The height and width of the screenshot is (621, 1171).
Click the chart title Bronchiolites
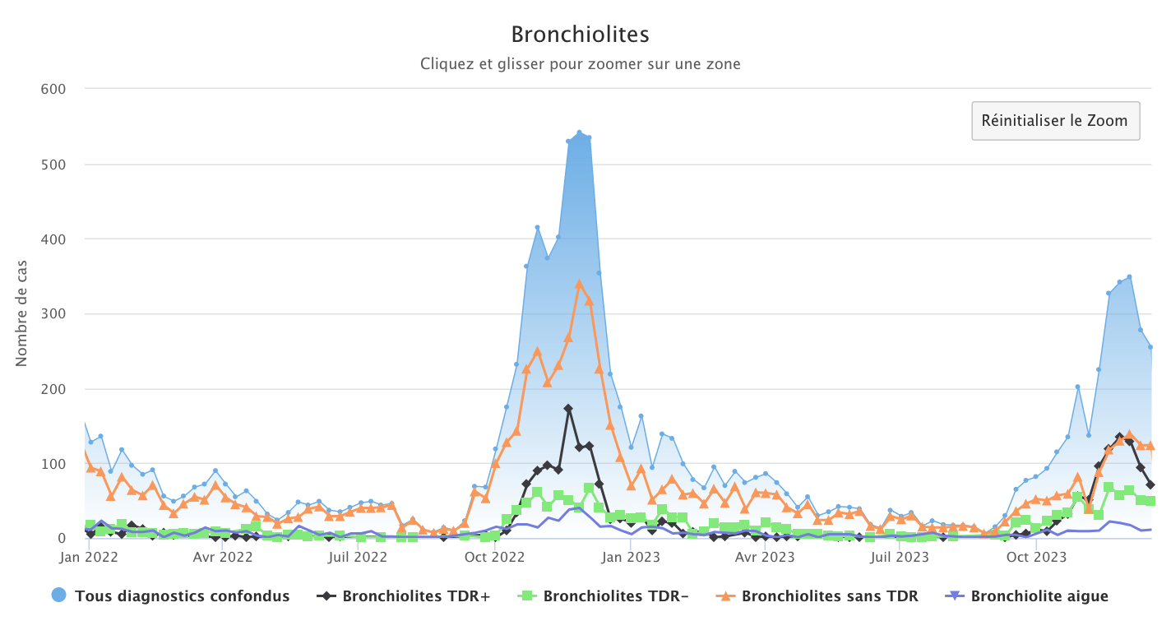click(x=580, y=35)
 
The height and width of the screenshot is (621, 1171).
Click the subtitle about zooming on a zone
click(x=580, y=63)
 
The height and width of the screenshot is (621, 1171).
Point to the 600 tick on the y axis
click(x=53, y=89)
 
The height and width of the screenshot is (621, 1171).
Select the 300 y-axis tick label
click(x=53, y=313)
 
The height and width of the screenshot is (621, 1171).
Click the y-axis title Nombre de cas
click(x=22, y=313)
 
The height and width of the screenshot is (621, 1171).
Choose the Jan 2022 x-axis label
click(x=89, y=557)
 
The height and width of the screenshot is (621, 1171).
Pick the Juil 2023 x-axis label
click(x=900, y=557)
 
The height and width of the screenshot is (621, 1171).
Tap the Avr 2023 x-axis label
click(x=764, y=557)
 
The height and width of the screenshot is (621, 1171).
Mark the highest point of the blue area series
click(x=579, y=132)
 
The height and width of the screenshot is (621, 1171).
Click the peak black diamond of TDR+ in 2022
click(x=568, y=408)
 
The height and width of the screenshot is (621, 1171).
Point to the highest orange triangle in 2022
click(x=579, y=284)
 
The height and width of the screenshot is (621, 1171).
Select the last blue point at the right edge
click(x=1150, y=347)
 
